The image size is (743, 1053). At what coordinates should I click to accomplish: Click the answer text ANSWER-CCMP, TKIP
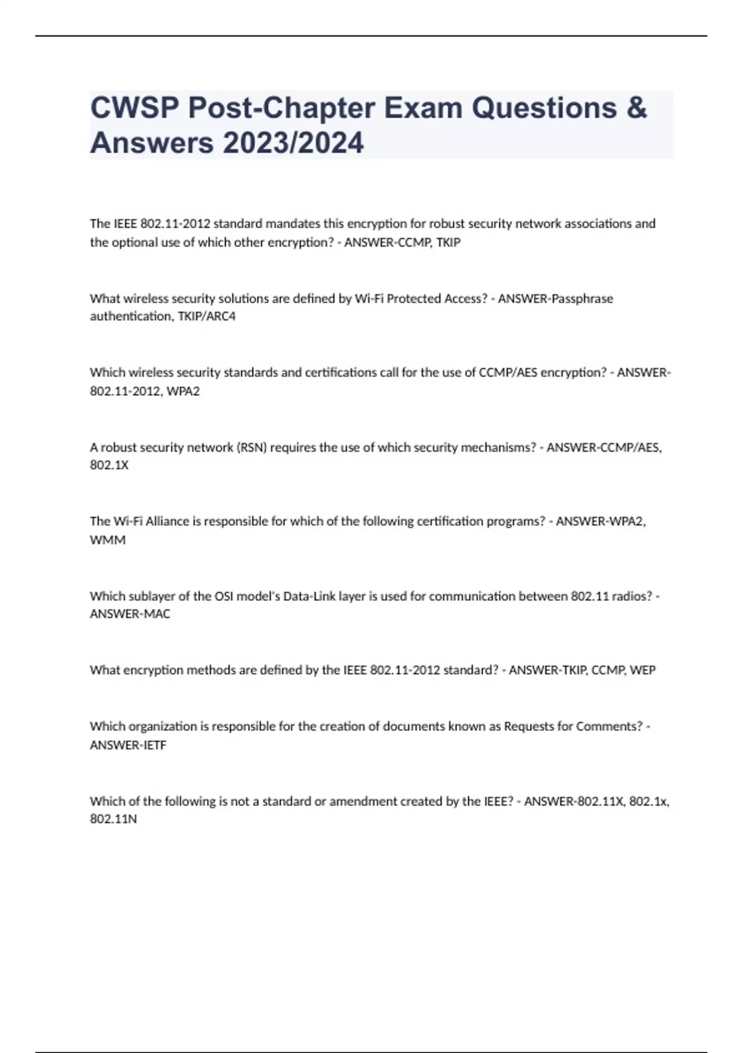[402, 242]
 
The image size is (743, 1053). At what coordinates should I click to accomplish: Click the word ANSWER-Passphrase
[555, 299]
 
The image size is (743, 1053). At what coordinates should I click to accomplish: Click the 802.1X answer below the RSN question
[109, 465]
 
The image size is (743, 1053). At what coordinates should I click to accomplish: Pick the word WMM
[108, 540]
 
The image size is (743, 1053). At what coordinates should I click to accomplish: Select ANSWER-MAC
[130, 614]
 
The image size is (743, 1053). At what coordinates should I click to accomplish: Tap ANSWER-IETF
[128, 745]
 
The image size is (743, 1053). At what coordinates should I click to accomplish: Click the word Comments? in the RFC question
[609, 727]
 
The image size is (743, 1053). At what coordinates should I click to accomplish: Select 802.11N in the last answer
[113, 819]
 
